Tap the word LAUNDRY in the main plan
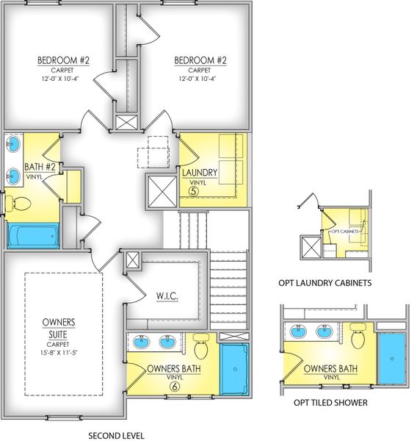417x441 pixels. pos(200,173)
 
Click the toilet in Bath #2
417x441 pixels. pos(19,202)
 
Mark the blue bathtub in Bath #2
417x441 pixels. pos(33,235)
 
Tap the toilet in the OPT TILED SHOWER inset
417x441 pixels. pos(358,337)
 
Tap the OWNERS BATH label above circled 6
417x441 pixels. pos(170,368)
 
